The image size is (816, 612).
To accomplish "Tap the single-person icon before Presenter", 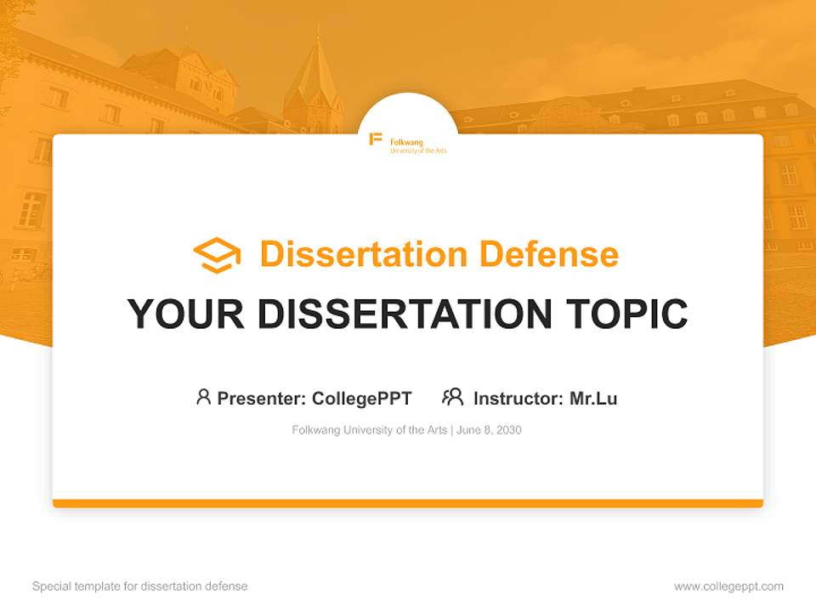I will (203, 397).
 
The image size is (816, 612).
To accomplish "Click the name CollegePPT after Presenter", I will (361, 399).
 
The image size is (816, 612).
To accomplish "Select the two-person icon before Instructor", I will (453, 397).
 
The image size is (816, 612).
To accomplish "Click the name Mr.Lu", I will (593, 399).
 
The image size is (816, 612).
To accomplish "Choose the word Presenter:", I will (262, 399).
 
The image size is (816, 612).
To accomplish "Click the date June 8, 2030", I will (490, 430).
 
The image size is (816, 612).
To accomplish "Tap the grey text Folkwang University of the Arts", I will (369, 430).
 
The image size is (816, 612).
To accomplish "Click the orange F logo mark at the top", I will (375, 139).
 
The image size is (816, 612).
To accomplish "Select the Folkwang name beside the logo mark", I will (406, 142).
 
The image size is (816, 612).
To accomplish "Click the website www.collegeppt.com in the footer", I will (728, 586).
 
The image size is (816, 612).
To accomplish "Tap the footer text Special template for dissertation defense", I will (139, 586).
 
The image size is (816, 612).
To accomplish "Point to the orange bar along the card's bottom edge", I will (408, 503).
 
